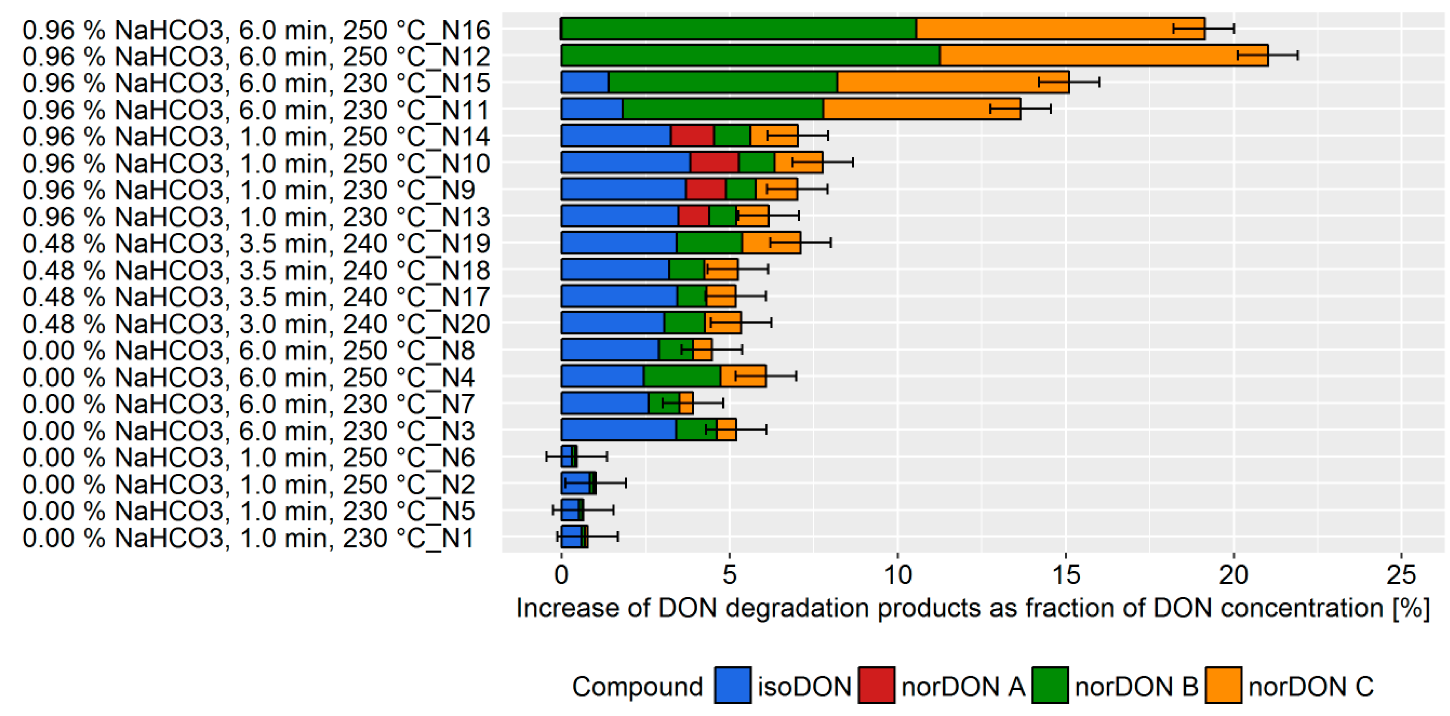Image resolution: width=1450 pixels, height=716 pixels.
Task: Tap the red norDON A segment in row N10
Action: (x=714, y=163)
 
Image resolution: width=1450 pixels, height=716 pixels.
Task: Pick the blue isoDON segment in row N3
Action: (x=618, y=430)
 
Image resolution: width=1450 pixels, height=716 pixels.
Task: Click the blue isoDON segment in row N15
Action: (x=585, y=82)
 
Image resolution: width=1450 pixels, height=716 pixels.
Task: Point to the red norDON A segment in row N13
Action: (x=693, y=216)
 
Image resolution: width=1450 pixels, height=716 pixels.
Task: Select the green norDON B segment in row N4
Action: (x=682, y=376)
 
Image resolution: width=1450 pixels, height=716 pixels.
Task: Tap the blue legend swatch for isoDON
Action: (x=732, y=685)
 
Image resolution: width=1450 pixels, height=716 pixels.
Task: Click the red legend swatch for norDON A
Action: (x=876, y=685)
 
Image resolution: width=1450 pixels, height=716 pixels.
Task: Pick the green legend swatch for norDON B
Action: (x=1050, y=685)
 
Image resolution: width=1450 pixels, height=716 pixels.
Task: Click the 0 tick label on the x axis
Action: (x=561, y=575)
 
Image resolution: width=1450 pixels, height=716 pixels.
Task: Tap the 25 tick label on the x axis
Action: (x=1401, y=575)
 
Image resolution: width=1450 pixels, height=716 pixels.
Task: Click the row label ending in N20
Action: (x=256, y=324)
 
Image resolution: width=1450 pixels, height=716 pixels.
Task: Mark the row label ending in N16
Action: (x=256, y=30)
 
